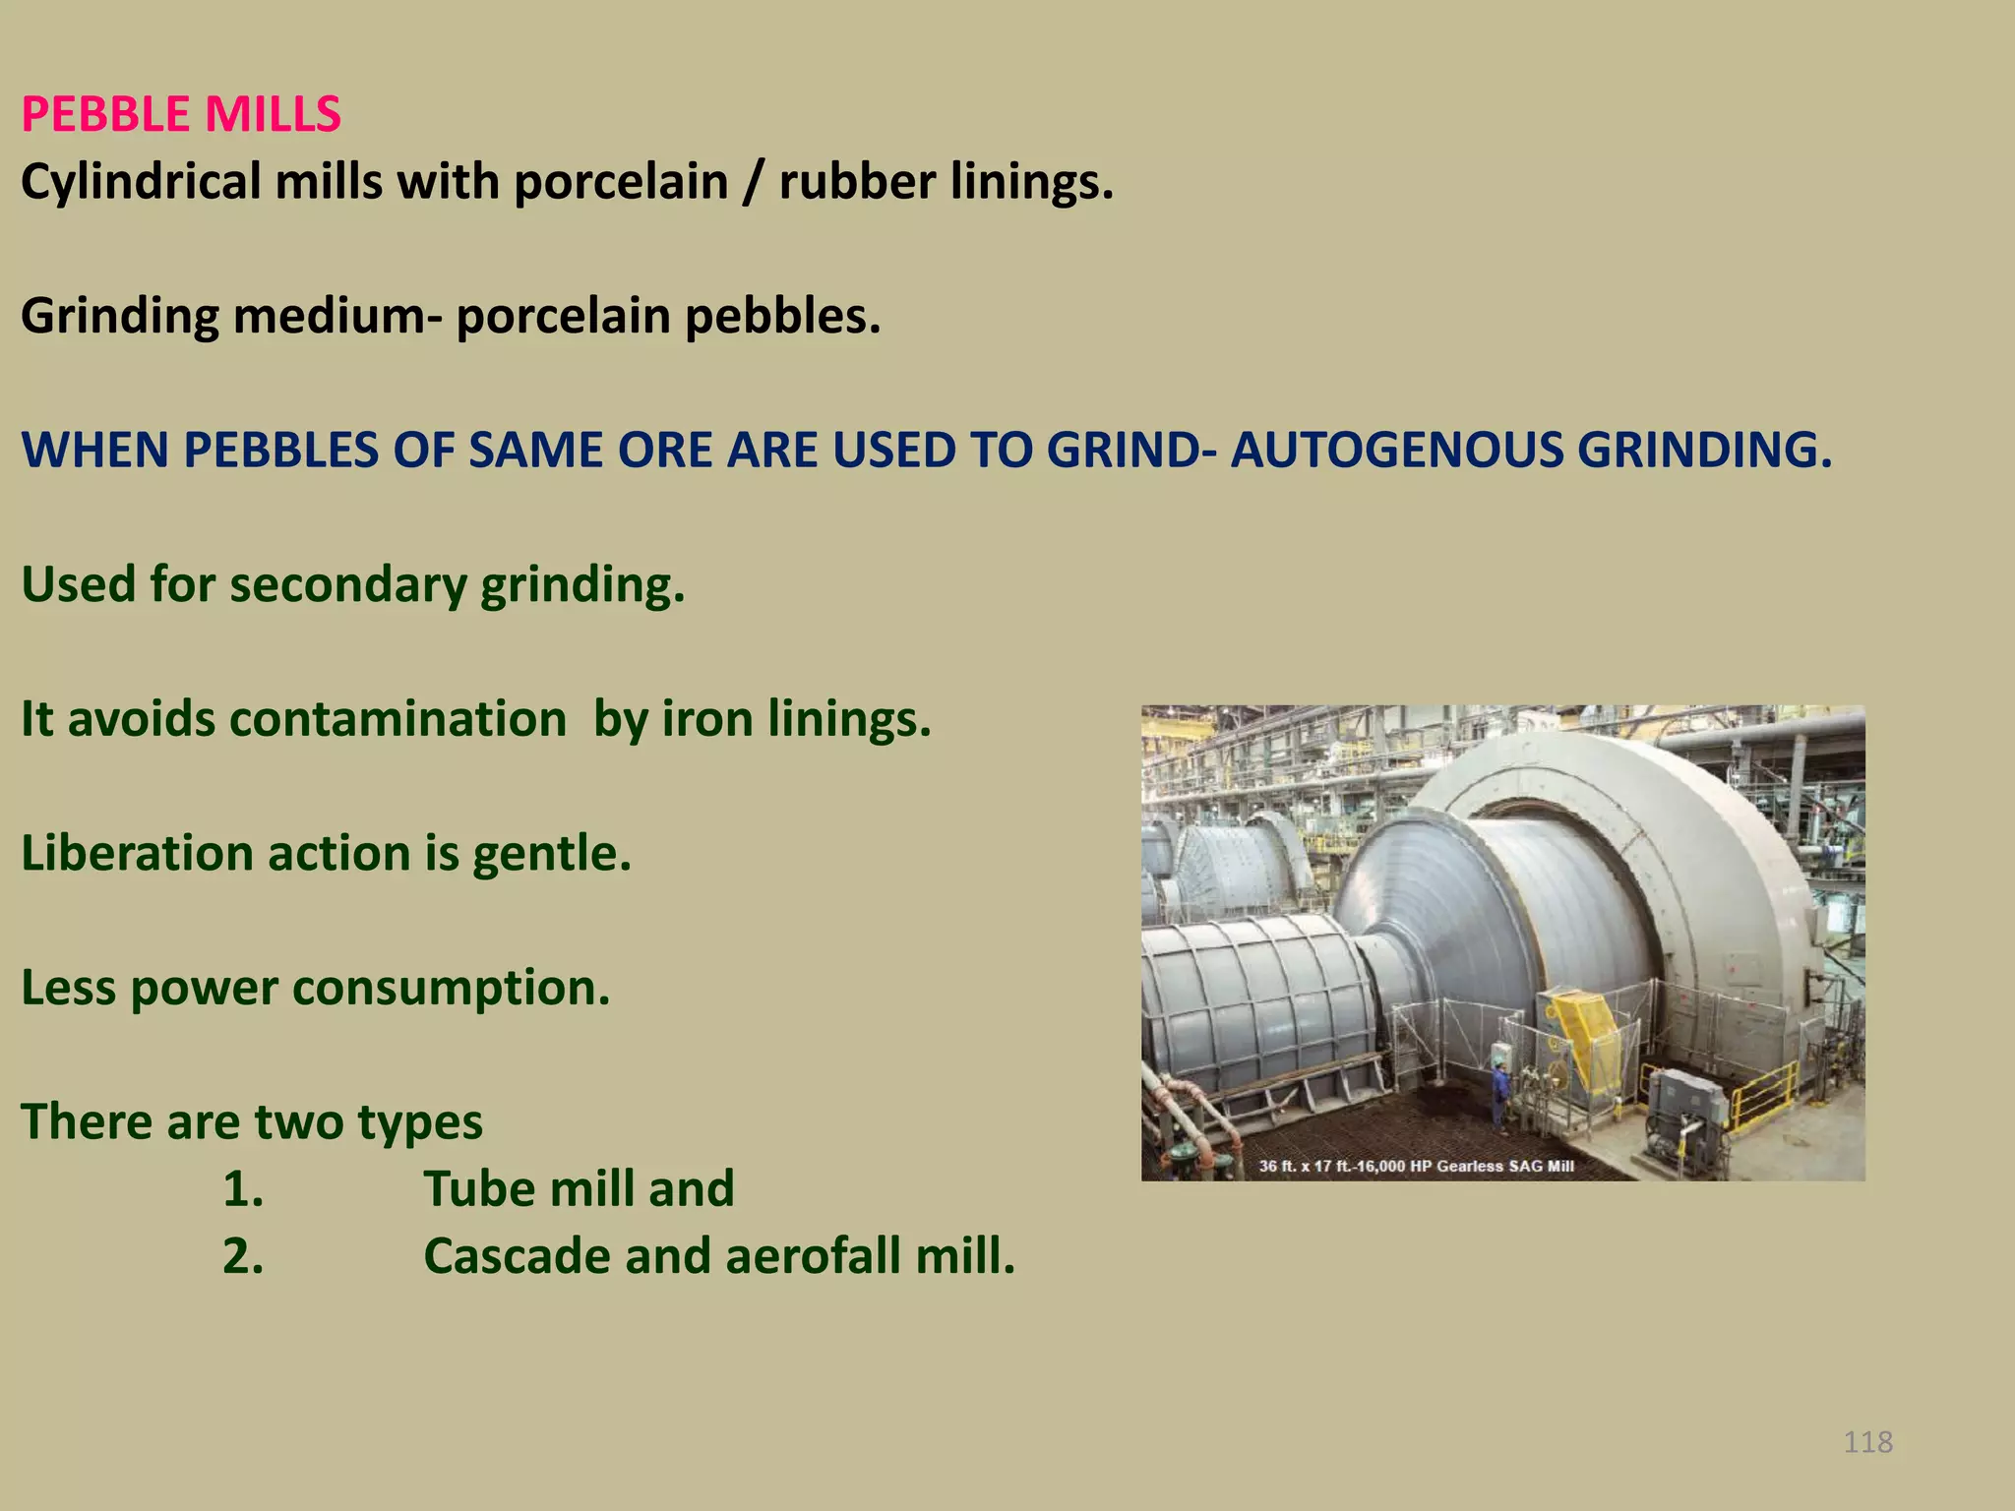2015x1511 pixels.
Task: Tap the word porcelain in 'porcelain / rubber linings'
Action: (x=621, y=182)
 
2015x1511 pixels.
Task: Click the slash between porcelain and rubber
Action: (x=753, y=182)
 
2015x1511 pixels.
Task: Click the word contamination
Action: (x=397, y=719)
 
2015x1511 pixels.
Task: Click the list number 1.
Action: (x=243, y=1189)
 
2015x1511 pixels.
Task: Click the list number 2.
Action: (x=243, y=1256)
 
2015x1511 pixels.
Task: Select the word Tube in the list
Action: (x=478, y=1189)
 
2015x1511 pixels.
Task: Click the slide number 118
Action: (x=1867, y=1442)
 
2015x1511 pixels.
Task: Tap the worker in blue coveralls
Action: (x=1499, y=1093)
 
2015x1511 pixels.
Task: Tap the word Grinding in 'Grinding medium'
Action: (x=120, y=317)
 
